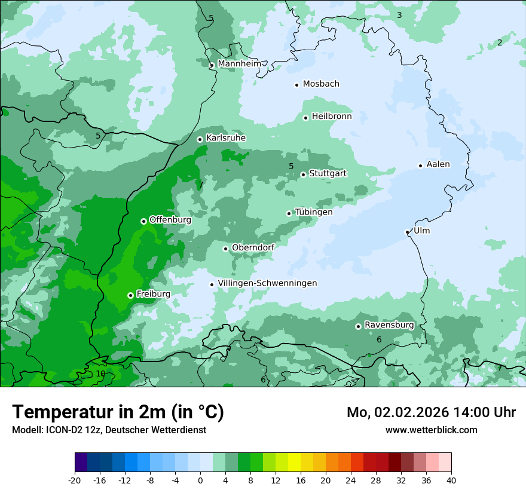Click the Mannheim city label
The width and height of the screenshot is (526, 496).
pos(239,63)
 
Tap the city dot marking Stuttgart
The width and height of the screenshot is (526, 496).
pos(304,174)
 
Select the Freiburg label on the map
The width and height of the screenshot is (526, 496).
pos(153,294)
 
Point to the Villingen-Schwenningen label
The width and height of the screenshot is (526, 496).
pos(267,283)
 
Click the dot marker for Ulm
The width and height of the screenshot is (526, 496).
pos(408,232)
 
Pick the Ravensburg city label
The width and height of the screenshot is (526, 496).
pos(389,325)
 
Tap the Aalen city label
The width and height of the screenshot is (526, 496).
pos(438,164)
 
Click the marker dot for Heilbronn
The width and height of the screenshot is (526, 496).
pos(305,118)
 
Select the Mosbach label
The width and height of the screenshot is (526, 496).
pos(321,84)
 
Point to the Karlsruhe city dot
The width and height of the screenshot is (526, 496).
pos(200,139)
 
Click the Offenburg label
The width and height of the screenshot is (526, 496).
pos(170,220)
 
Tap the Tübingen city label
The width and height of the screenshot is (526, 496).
pos(314,212)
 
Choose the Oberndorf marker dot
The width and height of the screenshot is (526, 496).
pos(225,249)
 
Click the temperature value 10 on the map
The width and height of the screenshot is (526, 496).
pos(100,373)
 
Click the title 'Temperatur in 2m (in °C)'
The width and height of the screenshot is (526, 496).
pos(118,412)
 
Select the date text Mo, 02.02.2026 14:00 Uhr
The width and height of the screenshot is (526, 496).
pos(431,412)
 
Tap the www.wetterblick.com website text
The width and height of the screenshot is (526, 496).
pos(431,430)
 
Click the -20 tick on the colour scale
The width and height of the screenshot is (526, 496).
pos(75,480)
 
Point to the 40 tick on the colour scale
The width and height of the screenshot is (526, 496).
pos(451,480)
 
